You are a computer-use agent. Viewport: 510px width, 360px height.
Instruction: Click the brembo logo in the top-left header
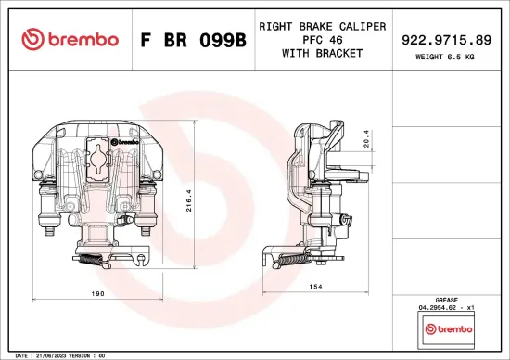pyautogui.click(x=70, y=39)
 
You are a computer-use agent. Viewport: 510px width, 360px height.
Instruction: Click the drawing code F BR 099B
pyautogui.click(x=193, y=40)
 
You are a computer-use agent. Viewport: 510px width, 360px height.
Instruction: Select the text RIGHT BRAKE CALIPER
pyautogui.click(x=322, y=26)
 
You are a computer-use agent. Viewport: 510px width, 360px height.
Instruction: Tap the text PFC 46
pyautogui.click(x=322, y=40)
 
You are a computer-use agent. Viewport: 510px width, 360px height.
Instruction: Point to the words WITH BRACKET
pyautogui.click(x=322, y=54)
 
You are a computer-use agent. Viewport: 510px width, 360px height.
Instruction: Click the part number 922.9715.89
pyautogui.click(x=446, y=40)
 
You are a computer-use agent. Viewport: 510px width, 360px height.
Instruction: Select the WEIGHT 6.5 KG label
pyautogui.click(x=446, y=58)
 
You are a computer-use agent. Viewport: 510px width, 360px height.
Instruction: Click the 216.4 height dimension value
pyautogui.click(x=189, y=201)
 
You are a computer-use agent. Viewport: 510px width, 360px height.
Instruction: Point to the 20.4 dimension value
pyautogui.click(x=367, y=138)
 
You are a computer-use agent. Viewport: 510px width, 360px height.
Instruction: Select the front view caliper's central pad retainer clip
pyautogui.click(x=96, y=159)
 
